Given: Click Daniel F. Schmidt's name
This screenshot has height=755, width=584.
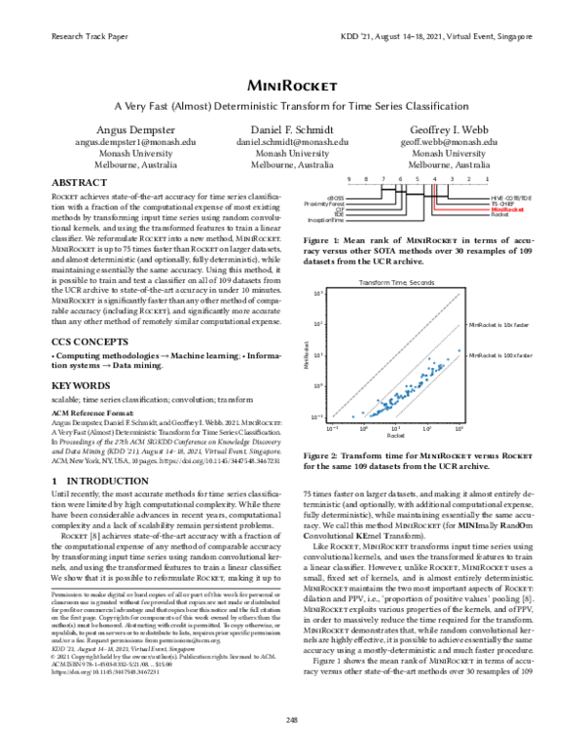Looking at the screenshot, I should pyautogui.click(x=292, y=130).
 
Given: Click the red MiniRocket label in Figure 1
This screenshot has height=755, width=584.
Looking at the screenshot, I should pyautogui.click(x=507, y=209).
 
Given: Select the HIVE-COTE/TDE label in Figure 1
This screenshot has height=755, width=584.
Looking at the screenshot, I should pyautogui.click(x=511, y=198).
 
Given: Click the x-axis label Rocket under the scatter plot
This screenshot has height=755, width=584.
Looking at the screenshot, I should pyautogui.click(x=396, y=436).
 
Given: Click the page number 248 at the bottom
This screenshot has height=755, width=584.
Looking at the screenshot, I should pyautogui.click(x=292, y=746).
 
